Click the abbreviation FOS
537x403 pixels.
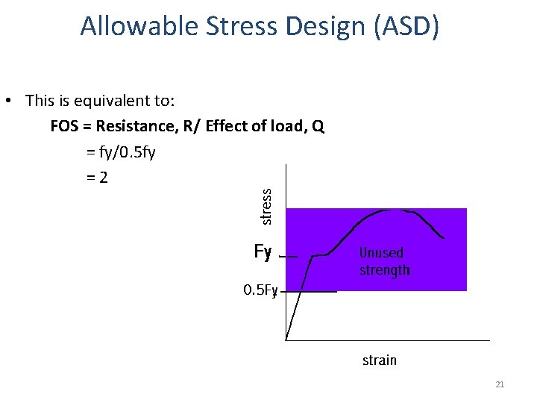tap(65, 125)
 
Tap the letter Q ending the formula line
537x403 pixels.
tap(318, 125)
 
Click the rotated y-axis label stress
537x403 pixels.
tap(266, 205)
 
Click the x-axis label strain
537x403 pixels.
tap(379, 360)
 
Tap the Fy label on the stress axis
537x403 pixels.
tap(263, 252)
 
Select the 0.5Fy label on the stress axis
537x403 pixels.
tap(260, 290)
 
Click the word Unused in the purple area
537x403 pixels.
tap(381, 253)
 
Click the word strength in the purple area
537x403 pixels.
tap(384, 270)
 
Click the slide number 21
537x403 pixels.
tap(500, 384)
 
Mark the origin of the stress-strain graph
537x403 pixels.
tap(286, 340)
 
